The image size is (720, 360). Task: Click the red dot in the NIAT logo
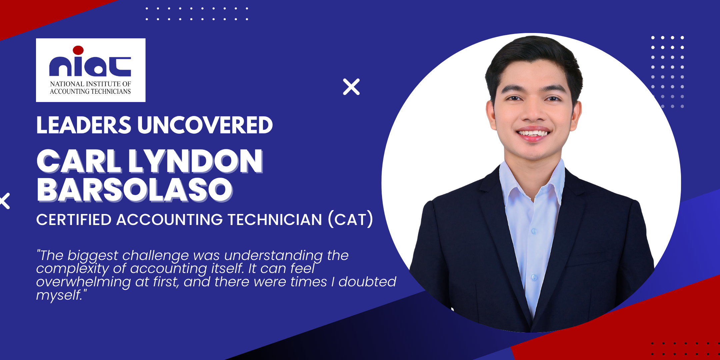click(78, 50)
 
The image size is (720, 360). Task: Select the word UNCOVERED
click(205, 125)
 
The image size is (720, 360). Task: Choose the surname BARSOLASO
click(135, 190)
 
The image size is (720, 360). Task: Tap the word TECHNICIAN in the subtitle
click(275, 220)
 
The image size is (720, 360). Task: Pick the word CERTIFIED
click(74, 220)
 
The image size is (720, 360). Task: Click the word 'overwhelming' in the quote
click(84, 282)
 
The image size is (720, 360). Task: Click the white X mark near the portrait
click(351, 87)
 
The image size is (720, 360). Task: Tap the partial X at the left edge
click(5, 201)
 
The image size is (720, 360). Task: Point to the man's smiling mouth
click(533, 134)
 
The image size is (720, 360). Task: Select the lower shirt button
click(534, 277)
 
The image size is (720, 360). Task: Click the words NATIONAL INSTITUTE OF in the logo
click(91, 84)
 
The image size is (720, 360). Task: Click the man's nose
click(533, 112)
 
